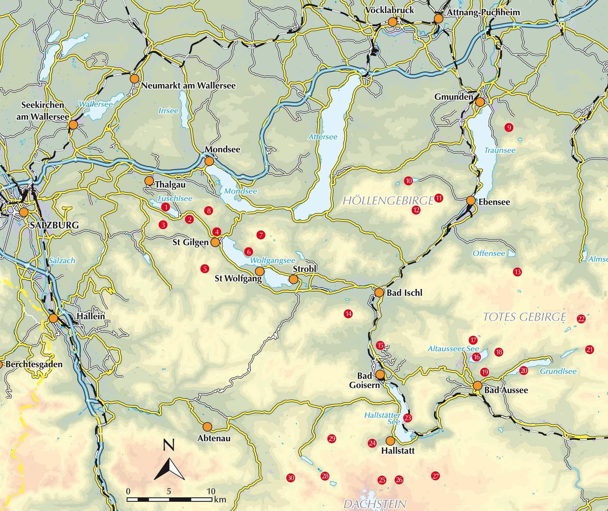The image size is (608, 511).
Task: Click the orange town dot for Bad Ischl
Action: [379, 293]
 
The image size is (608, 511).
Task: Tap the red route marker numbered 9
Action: [509, 128]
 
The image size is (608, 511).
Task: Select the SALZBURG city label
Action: [54, 225]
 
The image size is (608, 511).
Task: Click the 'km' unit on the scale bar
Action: [220, 499]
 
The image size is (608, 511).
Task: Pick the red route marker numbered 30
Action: [291, 478]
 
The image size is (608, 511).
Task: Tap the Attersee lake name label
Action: [323, 137]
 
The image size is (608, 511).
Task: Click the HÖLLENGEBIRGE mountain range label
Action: [388, 201]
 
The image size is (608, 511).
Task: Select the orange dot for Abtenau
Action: [207, 426]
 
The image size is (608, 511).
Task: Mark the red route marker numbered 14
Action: [348, 314]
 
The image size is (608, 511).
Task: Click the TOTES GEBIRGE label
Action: [525, 317]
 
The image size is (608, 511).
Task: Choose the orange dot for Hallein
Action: [53, 318]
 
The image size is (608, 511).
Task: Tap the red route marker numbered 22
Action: [581, 319]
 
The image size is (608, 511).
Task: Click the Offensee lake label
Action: [489, 253]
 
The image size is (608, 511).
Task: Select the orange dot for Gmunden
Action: [480, 102]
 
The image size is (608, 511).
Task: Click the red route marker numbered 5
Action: [205, 268]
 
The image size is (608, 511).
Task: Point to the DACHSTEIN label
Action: [375, 504]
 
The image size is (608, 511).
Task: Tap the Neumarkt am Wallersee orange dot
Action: [134, 79]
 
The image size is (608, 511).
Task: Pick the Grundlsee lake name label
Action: [558, 371]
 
